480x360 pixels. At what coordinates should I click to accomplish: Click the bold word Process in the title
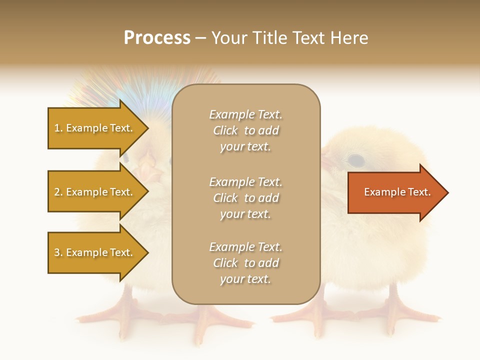(157, 38)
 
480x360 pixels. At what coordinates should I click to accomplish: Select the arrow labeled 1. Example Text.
(95, 128)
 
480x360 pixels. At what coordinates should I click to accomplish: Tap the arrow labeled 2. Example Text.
(95, 192)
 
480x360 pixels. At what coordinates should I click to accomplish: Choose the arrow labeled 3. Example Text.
(95, 252)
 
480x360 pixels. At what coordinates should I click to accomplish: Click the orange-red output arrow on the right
(395, 192)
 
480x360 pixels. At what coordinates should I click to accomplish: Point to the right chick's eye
(356, 160)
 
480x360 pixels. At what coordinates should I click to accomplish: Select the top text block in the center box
(245, 130)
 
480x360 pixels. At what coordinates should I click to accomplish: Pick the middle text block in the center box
(245, 197)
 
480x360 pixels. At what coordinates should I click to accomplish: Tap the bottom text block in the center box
(245, 263)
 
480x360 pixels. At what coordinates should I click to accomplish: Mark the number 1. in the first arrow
(58, 128)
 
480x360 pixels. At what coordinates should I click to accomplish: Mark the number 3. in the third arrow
(58, 252)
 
